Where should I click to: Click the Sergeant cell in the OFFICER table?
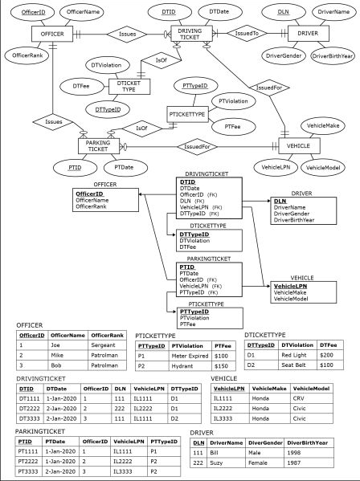(106, 344)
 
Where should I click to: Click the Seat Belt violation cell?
(293, 365)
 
